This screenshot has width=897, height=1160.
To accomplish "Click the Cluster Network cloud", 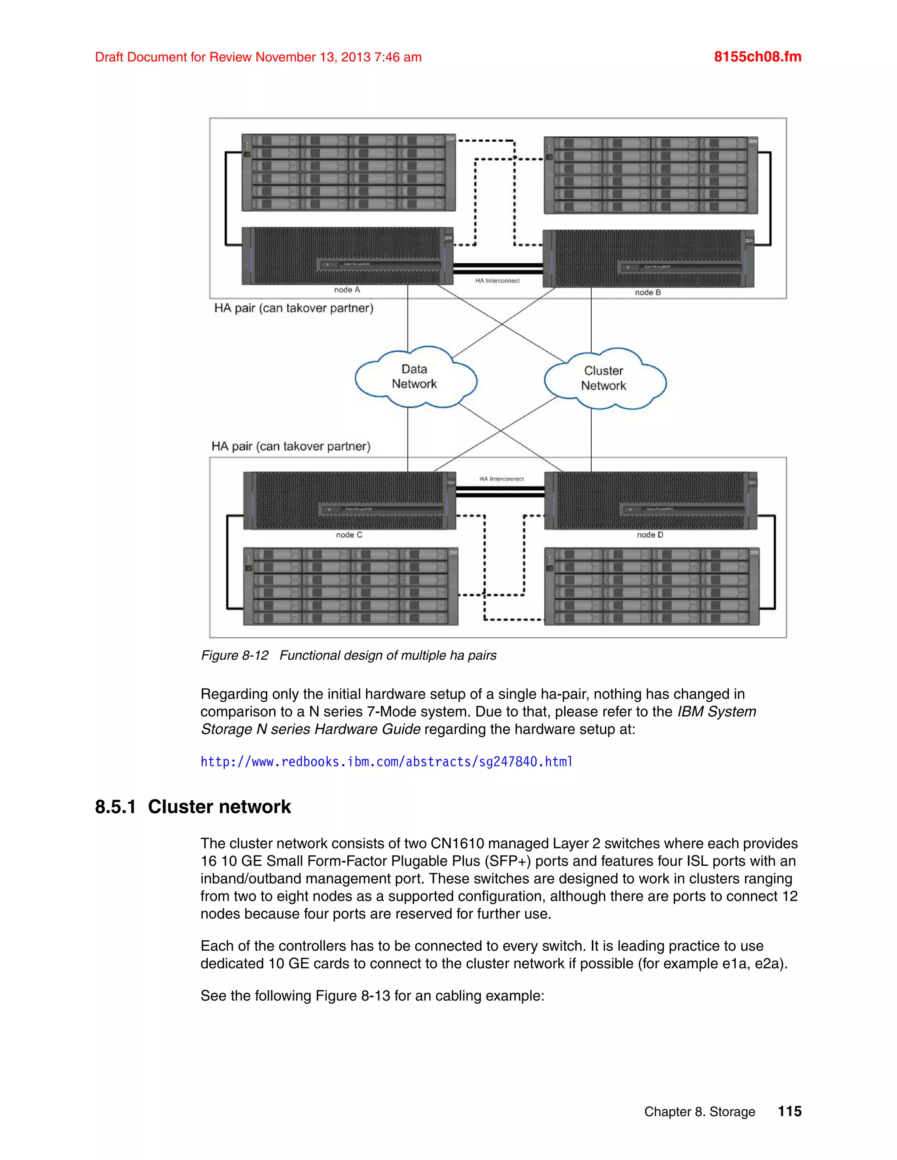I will [x=604, y=379].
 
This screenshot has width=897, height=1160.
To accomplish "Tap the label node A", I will [x=347, y=290].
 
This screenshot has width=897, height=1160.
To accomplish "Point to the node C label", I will [x=349, y=535].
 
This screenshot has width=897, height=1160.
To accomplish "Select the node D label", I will [x=650, y=535].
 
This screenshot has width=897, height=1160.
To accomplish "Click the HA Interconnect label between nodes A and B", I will [x=498, y=281].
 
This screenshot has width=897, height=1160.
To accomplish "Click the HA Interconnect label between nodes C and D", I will [x=501, y=479].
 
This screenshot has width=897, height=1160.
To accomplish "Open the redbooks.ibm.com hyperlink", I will [x=386, y=762].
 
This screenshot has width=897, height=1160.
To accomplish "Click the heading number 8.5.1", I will [x=115, y=807].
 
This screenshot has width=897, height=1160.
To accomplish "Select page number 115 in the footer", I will [x=789, y=1111].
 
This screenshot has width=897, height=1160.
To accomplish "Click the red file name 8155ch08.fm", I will [x=757, y=57].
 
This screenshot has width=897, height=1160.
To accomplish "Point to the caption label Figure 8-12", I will [x=234, y=655].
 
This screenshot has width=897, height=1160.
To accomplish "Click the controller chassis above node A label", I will [x=347, y=256].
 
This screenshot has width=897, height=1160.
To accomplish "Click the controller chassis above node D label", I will [x=650, y=501].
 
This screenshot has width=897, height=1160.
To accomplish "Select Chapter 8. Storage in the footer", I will [x=699, y=1112].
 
